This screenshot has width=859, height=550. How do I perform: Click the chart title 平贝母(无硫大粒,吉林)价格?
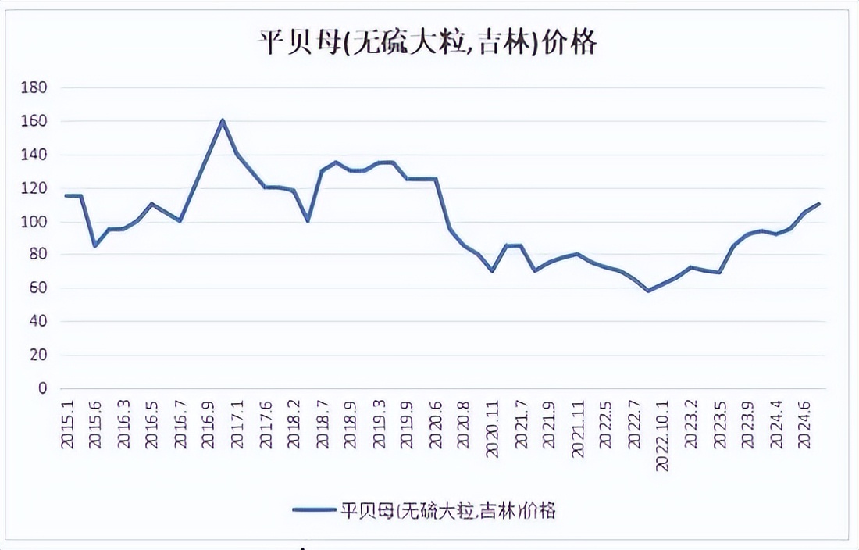tap(428, 43)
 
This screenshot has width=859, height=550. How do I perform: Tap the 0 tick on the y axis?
tap(43, 388)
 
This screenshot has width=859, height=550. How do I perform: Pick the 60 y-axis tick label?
tap(37, 288)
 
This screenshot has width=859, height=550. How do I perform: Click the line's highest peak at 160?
tap(223, 120)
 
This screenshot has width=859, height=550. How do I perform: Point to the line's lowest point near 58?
tap(648, 291)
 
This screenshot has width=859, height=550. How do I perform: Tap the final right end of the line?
tap(819, 204)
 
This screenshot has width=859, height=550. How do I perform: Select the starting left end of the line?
tap(66, 195)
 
